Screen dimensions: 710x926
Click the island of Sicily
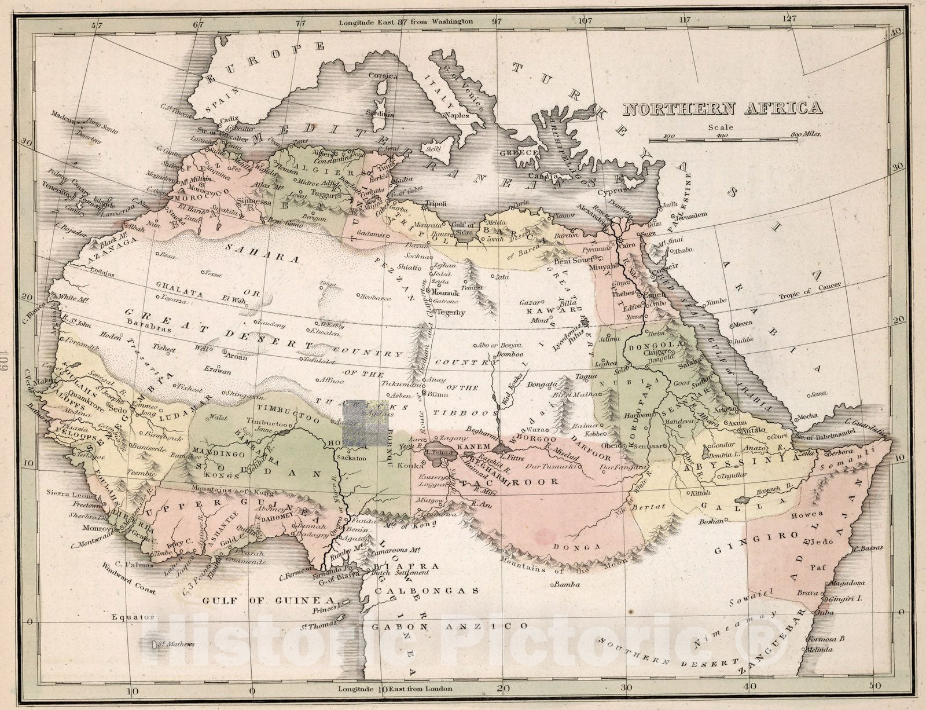(433, 149)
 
